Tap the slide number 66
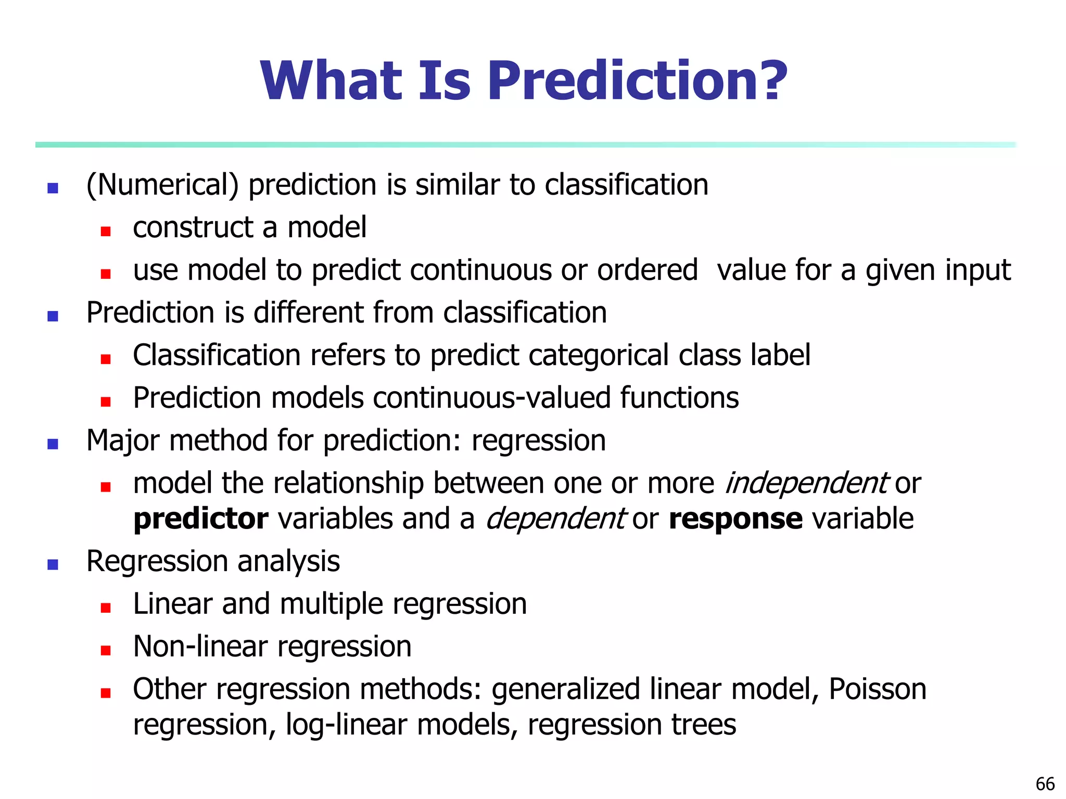click(1045, 784)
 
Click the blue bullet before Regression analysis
click(53, 564)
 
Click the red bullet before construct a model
click(106, 231)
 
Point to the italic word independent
click(806, 483)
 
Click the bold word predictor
click(201, 519)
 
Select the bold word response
click(735, 519)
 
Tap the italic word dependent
click(555, 519)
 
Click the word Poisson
click(877, 689)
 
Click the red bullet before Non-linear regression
click(106, 650)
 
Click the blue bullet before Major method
click(53, 444)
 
